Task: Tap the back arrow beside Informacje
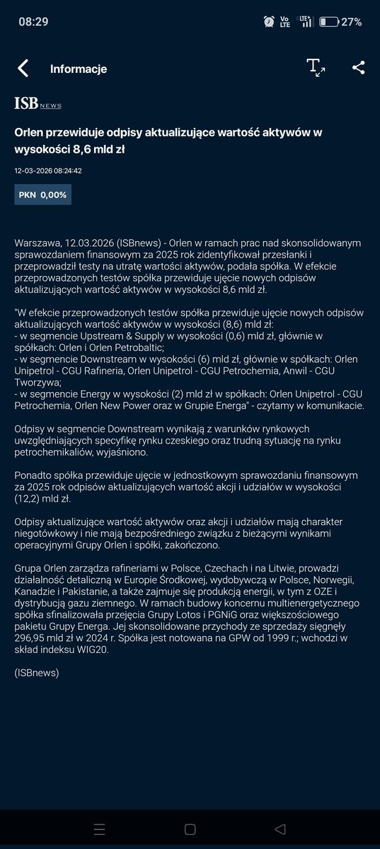(23, 69)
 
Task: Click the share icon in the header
(358, 68)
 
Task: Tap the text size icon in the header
(316, 68)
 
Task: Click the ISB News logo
(38, 104)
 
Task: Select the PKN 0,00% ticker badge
(42, 194)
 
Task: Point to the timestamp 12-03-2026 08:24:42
(48, 171)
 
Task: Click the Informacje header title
(79, 69)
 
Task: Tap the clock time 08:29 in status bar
(33, 22)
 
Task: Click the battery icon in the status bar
(328, 22)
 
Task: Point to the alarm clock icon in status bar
(269, 22)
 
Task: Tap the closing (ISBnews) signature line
(37, 673)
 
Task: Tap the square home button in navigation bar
(190, 828)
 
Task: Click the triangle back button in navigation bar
(281, 828)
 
